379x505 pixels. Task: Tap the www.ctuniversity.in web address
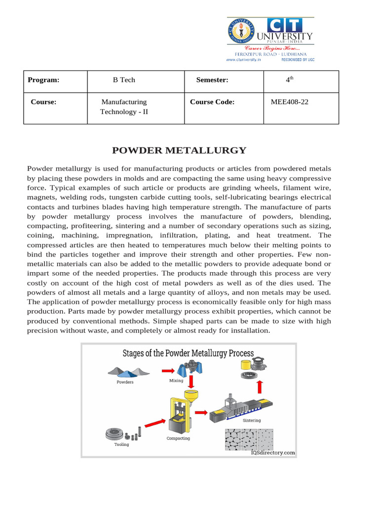[x=243, y=60]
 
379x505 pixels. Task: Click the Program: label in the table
[x=43, y=80]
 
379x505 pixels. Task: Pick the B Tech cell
[x=124, y=80]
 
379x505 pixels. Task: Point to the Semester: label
[x=212, y=80]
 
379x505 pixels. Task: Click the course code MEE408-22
[x=290, y=102]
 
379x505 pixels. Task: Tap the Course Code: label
[x=212, y=102]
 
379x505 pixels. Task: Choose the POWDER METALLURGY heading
[x=179, y=150]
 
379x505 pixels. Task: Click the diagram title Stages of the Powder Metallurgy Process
[x=188, y=354]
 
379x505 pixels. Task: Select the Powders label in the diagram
[x=125, y=382]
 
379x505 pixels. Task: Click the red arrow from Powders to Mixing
[x=168, y=370]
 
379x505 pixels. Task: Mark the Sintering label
[x=252, y=421]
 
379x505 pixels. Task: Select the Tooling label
[x=121, y=444]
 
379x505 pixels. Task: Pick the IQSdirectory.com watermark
[x=273, y=452]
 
